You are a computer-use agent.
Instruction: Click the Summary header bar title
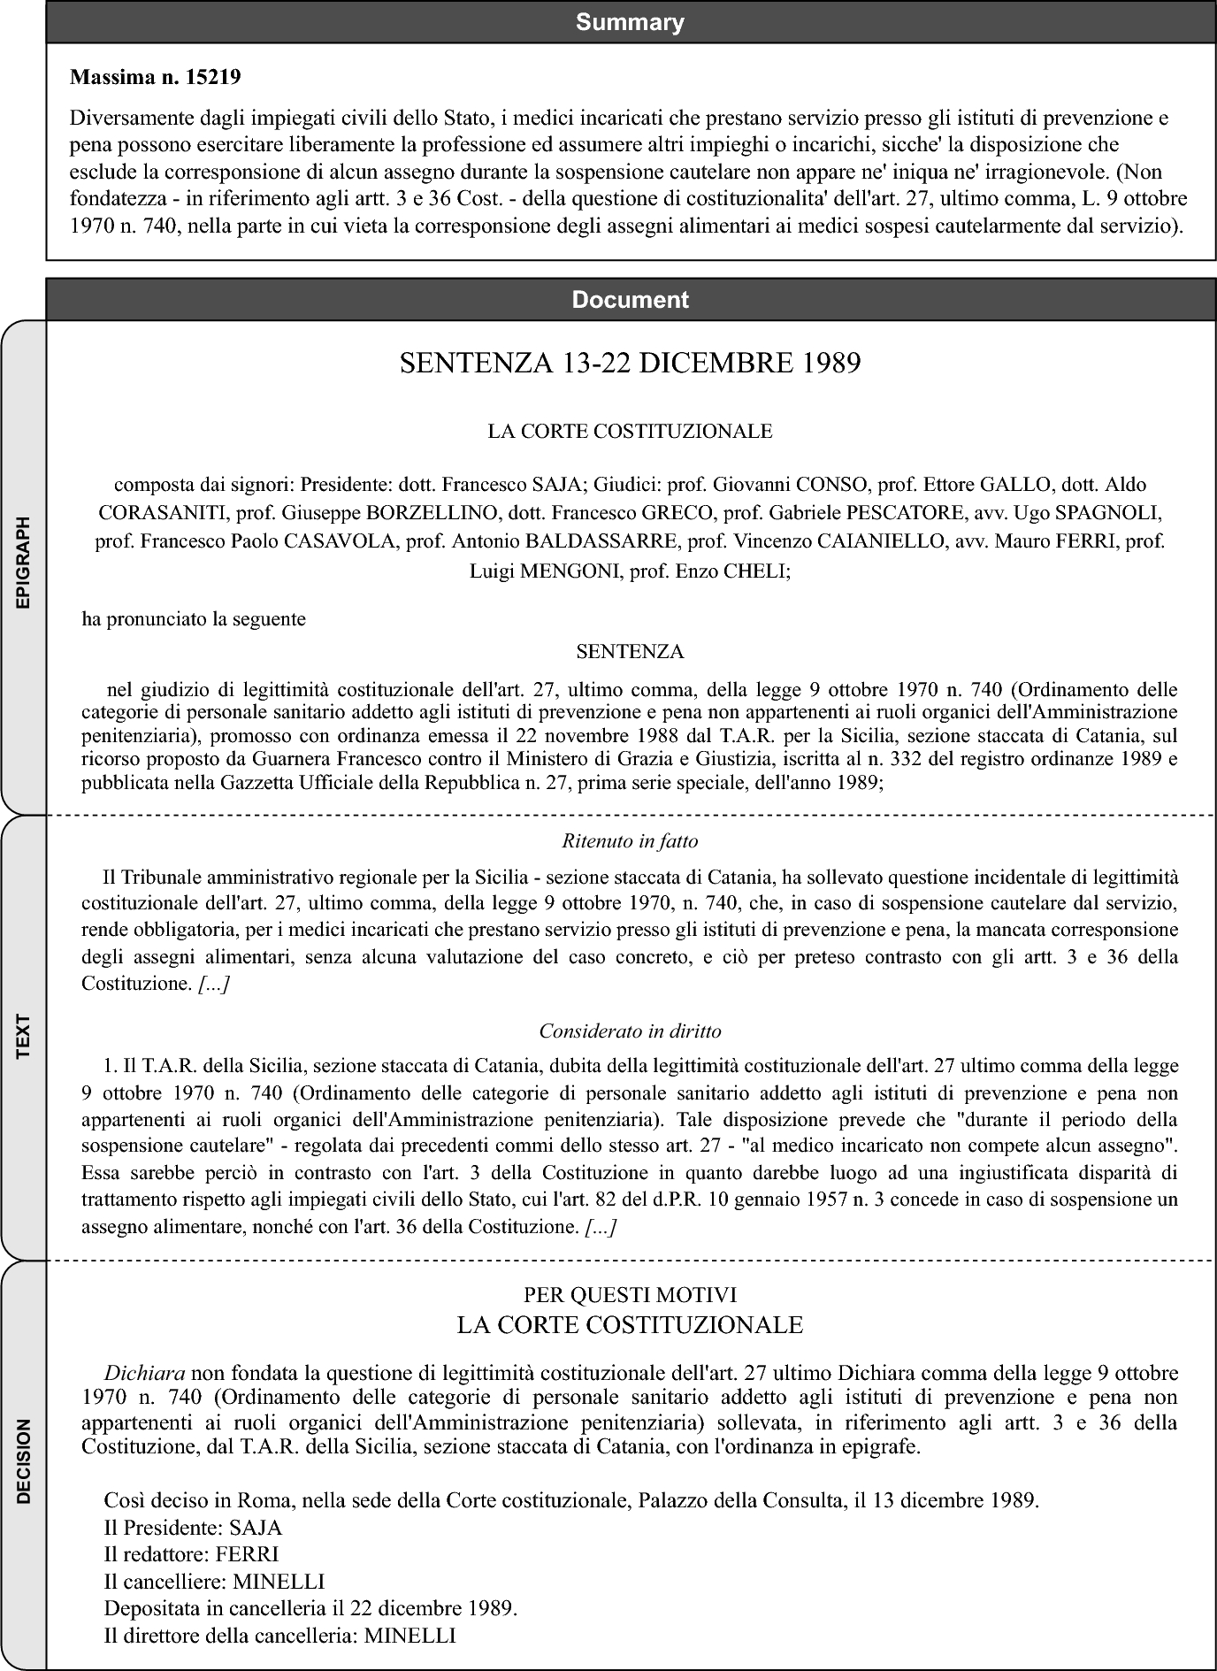630,22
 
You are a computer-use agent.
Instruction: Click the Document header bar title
630,300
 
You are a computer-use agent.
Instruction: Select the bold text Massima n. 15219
155,77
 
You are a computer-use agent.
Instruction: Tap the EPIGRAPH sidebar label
24,562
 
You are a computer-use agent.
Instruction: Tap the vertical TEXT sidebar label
24,1036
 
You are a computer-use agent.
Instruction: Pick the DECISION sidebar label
24,1460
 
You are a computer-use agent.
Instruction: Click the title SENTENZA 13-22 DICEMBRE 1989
630,364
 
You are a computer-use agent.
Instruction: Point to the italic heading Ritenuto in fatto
630,840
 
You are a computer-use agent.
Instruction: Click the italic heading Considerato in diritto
630,1031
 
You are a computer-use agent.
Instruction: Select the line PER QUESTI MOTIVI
630,1295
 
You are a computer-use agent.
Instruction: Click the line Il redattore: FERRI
191,1554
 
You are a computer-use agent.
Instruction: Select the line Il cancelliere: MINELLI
214,1582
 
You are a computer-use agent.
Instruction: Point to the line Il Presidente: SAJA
193,1528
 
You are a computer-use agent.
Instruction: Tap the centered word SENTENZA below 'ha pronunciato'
630,652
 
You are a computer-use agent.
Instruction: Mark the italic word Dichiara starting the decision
144,1374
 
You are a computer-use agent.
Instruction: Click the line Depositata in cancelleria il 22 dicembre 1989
310,1608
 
